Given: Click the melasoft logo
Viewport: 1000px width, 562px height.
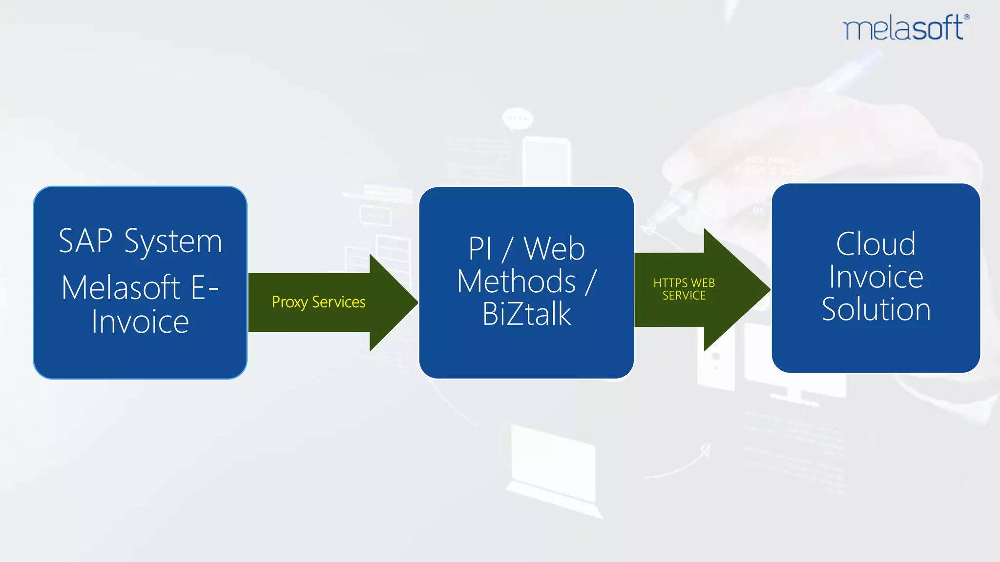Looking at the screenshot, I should coord(903,28).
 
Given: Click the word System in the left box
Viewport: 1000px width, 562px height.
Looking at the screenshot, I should coord(173,242).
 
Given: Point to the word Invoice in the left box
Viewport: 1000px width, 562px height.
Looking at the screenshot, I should coord(140,322).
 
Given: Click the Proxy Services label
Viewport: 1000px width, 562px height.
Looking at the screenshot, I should coord(318,302).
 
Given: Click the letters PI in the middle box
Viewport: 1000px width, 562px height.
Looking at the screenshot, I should coord(479,249).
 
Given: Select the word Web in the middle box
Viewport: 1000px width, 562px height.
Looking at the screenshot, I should coord(554,249).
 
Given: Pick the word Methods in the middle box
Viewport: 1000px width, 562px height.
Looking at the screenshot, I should coord(517,281).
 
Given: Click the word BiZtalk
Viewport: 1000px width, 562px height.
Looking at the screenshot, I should coord(526,314).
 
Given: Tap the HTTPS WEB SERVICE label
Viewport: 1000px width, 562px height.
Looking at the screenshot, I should coord(684,289).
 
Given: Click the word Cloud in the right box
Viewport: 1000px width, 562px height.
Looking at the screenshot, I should coord(875,244).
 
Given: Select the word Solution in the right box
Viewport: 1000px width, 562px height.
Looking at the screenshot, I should coord(876,309).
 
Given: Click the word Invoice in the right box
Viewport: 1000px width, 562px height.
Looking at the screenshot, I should coord(876,277).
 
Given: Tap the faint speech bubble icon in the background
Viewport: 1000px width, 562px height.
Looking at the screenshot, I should coord(518,119).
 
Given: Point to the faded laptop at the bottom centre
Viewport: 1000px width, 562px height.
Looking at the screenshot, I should coord(554,468).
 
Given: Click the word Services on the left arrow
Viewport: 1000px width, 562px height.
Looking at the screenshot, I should coord(338,302).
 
